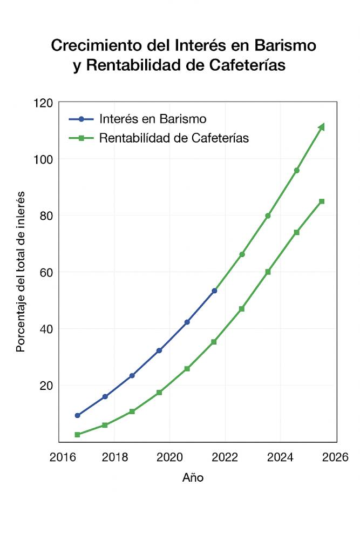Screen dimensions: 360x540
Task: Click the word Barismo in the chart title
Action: pyautogui.click(x=285, y=45)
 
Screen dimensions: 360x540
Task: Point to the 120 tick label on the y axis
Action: pyautogui.click(x=43, y=103)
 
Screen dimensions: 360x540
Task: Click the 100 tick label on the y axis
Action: pyautogui.click(x=43, y=159)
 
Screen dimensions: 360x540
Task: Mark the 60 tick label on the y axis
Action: pyautogui.click(x=46, y=272)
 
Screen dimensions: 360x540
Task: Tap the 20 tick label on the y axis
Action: pyautogui.click(x=46, y=386)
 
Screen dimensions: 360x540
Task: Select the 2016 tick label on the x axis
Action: pyautogui.click(x=63, y=457)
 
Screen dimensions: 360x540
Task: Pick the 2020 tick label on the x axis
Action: pyautogui.click(x=169, y=457)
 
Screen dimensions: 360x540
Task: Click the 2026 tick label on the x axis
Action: pyautogui.click(x=335, y=457)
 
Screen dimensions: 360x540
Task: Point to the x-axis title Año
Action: pyautogui.click(x=193, y=478)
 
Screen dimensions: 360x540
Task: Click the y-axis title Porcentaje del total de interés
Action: pyautogui.click(x=21, y=272)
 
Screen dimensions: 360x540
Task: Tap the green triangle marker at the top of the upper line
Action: pyautogui.click(x=322, y=127)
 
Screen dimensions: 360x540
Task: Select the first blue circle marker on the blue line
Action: pyautogui.click(x=77, y=415)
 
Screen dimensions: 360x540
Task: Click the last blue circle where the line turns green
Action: pyautogui.click(x=214, y=291)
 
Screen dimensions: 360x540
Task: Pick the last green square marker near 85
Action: pyautogui.click(x=322, y=201)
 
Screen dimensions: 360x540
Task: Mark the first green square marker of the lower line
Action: pyautogui.click(x=77, y=435)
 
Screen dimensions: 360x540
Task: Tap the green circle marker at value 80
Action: pyautogui.click(x=268, y=216)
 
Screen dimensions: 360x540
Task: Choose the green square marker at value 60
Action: pyautogui.click(x=268, y=272)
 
